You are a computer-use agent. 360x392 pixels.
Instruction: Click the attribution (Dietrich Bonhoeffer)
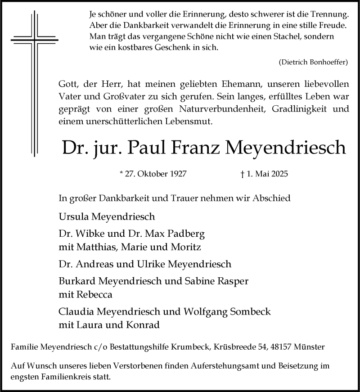pos(313,63)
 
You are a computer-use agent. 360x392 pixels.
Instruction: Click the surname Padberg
pos(185,234)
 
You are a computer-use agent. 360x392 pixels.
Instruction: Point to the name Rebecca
pos(93,295)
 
